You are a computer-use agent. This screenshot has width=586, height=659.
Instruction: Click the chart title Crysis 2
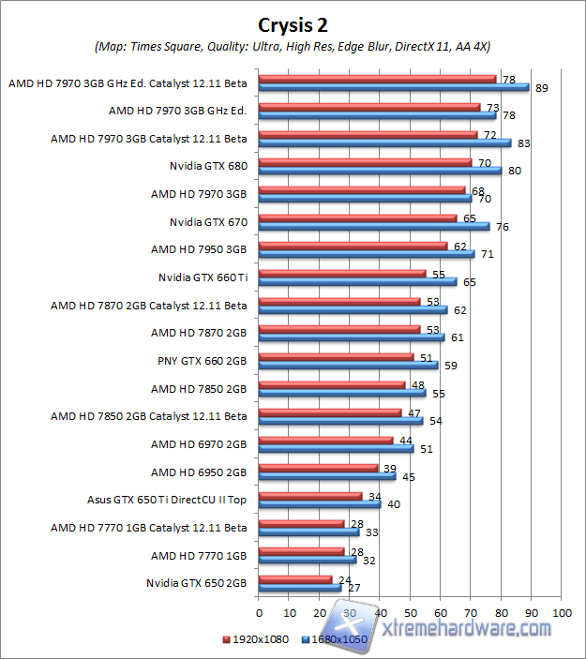[x=293, y=23]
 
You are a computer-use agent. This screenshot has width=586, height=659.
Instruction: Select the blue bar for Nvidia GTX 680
[x=380, y=171]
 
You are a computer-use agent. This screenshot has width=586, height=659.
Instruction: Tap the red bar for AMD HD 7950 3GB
[x=353, y=245]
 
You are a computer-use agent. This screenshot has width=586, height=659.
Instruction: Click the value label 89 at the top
[x=542, y=88]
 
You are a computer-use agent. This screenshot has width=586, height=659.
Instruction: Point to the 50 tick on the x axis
[x=410, y=612]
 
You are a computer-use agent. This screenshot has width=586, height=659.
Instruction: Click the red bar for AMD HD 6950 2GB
[x=318, y=467]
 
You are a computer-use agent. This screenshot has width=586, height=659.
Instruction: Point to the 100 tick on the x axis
[x=562, y=612]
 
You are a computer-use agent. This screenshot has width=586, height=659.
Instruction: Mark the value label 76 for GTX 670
[x=503, y=226]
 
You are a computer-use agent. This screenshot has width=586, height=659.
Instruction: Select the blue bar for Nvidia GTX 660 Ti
[x=357, y=281]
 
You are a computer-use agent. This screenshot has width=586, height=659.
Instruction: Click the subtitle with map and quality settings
[x=293, y=46]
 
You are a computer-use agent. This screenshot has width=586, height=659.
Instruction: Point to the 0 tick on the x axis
[x=259, y=612]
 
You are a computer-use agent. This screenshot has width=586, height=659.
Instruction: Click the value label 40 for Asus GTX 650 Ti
[x=393, y=503]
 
